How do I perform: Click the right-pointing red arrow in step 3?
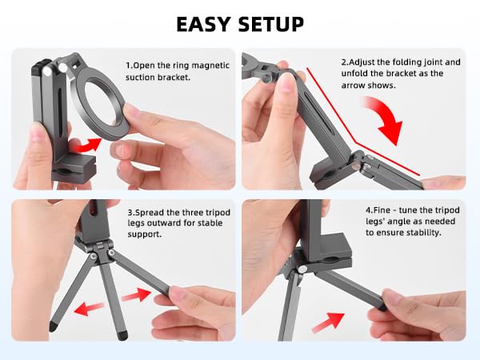[x=136, y=295]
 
